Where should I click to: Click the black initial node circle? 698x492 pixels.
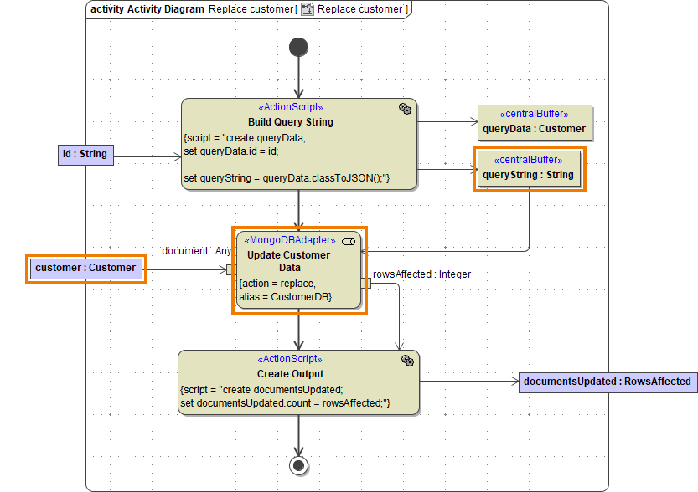[298, 47]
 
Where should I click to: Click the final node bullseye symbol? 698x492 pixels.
[298, 464]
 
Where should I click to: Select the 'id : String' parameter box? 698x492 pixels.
[85, 154]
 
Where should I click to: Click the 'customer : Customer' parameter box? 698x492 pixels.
[85, 268]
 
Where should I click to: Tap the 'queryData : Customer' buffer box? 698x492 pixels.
[534, 122]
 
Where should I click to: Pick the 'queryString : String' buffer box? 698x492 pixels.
[528, 169]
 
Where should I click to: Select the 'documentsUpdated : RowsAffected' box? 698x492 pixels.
[608, 382]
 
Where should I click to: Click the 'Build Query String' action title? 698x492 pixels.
[290, 122]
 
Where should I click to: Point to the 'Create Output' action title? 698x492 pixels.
[290, 374]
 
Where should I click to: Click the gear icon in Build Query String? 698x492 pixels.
[405, 109]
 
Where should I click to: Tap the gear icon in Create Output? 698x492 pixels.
[407, 361]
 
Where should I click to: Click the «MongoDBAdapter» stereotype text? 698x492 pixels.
[289, 241]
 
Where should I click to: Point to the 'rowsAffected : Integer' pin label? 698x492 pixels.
[421, 274]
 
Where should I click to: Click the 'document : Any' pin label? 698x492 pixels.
[196, 251]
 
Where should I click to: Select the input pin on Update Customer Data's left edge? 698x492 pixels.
[230, 269]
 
